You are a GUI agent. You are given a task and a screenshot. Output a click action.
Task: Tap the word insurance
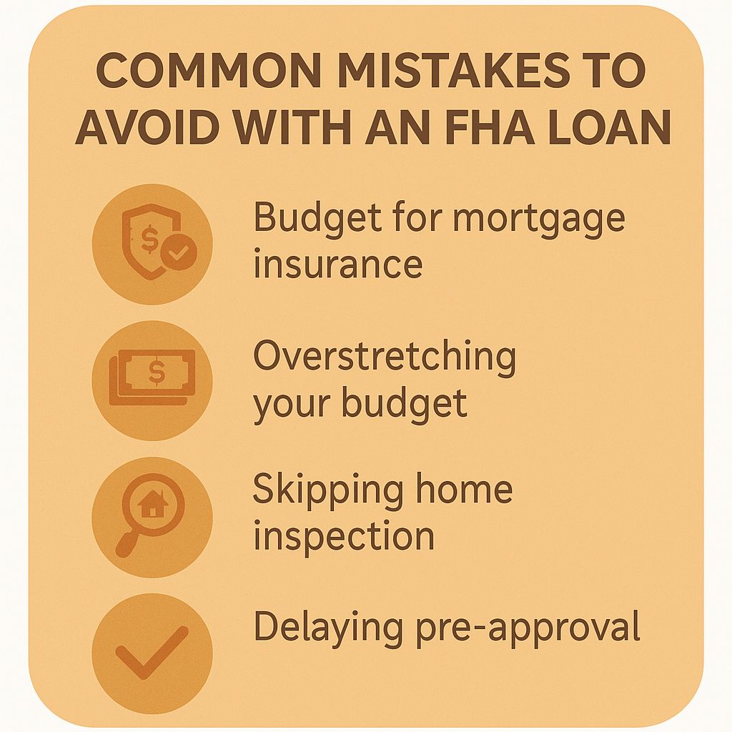tap(338, 264)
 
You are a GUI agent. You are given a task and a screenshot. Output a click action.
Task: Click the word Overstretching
tap(385, 357)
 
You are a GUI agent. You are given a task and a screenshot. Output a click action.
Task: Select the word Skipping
tap(328, 491)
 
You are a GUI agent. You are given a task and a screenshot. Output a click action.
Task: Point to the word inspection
tap(344, 538)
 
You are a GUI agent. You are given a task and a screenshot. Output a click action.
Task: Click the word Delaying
tap(328, 628)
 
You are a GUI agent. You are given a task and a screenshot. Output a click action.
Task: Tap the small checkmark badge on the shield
tap(178, 252)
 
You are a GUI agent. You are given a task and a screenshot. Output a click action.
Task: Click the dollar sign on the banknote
tap(157, 372)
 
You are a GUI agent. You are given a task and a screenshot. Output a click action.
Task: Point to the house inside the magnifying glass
tap(153, 503)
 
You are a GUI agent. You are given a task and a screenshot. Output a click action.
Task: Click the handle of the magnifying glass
tap(127, 544)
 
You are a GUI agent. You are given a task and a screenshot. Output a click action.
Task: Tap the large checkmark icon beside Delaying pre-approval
tap(152, 652)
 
